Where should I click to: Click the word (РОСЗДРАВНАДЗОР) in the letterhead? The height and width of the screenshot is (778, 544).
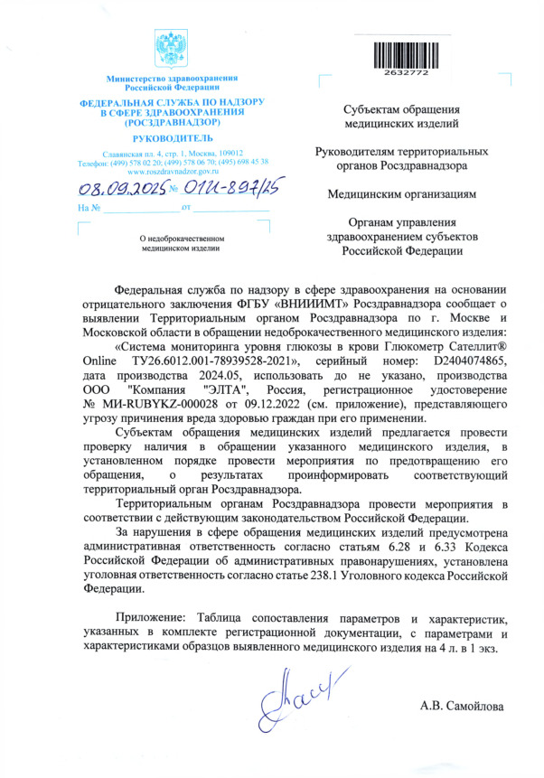tap(172, 121)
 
